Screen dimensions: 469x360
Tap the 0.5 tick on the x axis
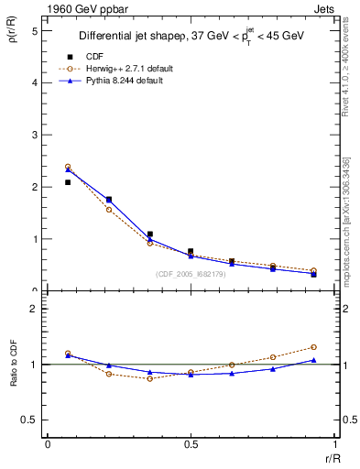[x=190, y=443]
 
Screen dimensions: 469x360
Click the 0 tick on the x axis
[x=48, y=443]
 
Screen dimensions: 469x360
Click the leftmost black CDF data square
[x=68, y=182]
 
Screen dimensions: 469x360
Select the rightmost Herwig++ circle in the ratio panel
[x=313, y=347]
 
